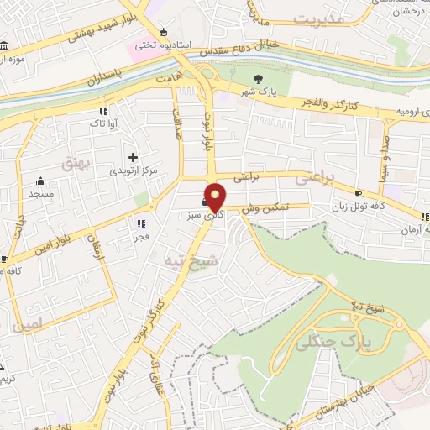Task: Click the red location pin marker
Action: (x=216, y=197)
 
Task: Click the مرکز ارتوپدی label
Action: (x=134, y=170)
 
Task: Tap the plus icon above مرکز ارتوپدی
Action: (x=133, y=156)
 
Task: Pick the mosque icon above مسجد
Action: (x=40, y=181)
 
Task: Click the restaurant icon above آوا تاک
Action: (x=102, y=111)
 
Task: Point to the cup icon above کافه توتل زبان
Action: (x=359, y=193)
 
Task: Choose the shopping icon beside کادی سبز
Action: (x=206, y=202)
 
